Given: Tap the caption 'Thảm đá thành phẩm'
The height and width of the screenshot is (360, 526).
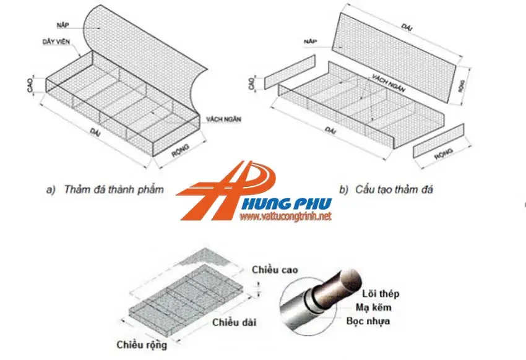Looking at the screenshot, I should (x=105, y=189).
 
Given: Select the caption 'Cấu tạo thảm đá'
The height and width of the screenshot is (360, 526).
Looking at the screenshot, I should (x=386, y=189).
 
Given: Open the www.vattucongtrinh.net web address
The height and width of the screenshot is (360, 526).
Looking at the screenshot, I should (x=286, y=217).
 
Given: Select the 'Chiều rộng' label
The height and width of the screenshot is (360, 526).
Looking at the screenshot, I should (x=142, y=345).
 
